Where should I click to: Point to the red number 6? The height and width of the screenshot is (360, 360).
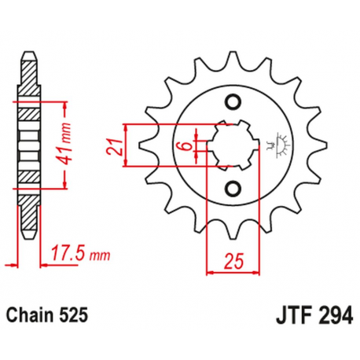click(x=182, y=146)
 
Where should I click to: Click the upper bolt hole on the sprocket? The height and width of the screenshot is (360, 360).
click(x=232, y=102)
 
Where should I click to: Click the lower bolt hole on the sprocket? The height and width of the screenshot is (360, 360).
click(x=232, y=188)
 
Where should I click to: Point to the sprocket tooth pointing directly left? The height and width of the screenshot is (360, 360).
click(x=145, y=145)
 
